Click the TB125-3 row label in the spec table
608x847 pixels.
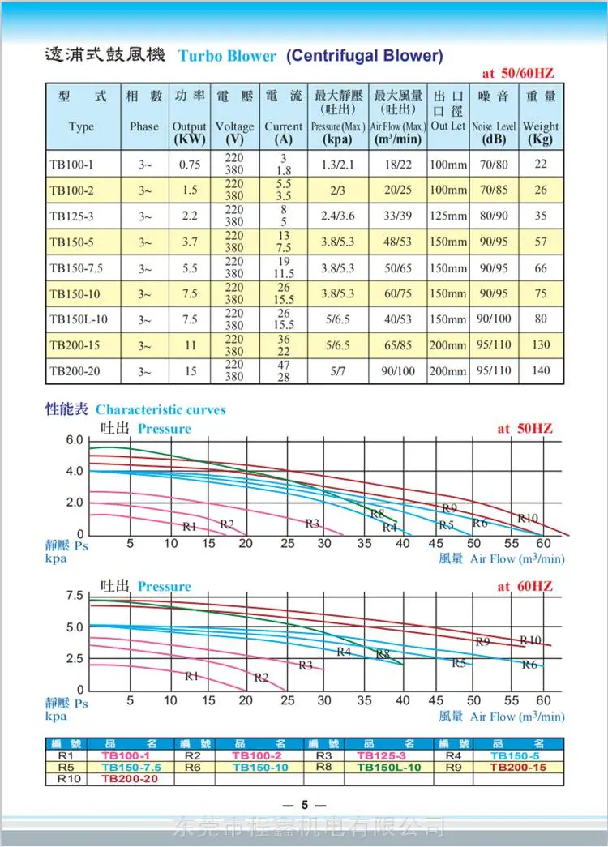(71, 216)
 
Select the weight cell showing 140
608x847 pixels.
(541, 370)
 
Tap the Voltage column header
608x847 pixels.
(234, 126)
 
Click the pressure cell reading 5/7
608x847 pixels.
(338, 371)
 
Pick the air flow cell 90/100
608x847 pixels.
(398, 371)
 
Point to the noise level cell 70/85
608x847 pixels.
(494, 190)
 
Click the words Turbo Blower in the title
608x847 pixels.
(227, 56)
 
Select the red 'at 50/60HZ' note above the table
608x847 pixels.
(518, 73)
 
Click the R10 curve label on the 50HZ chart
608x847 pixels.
(528, 518)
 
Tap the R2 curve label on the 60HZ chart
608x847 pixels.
(261, 678)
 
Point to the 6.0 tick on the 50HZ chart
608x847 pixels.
(75, 440)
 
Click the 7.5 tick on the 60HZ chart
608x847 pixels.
(75, 596)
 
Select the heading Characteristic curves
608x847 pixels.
(161, 410)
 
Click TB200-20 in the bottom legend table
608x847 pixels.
(130, 779)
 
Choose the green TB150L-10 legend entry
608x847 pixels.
(388, 768)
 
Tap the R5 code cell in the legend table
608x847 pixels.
(66, 768)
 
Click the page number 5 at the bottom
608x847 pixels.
(305, 805)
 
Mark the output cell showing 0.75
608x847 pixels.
(190, 165)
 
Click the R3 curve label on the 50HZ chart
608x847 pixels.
(312, 524)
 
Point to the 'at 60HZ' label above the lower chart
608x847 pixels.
(525, 587)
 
